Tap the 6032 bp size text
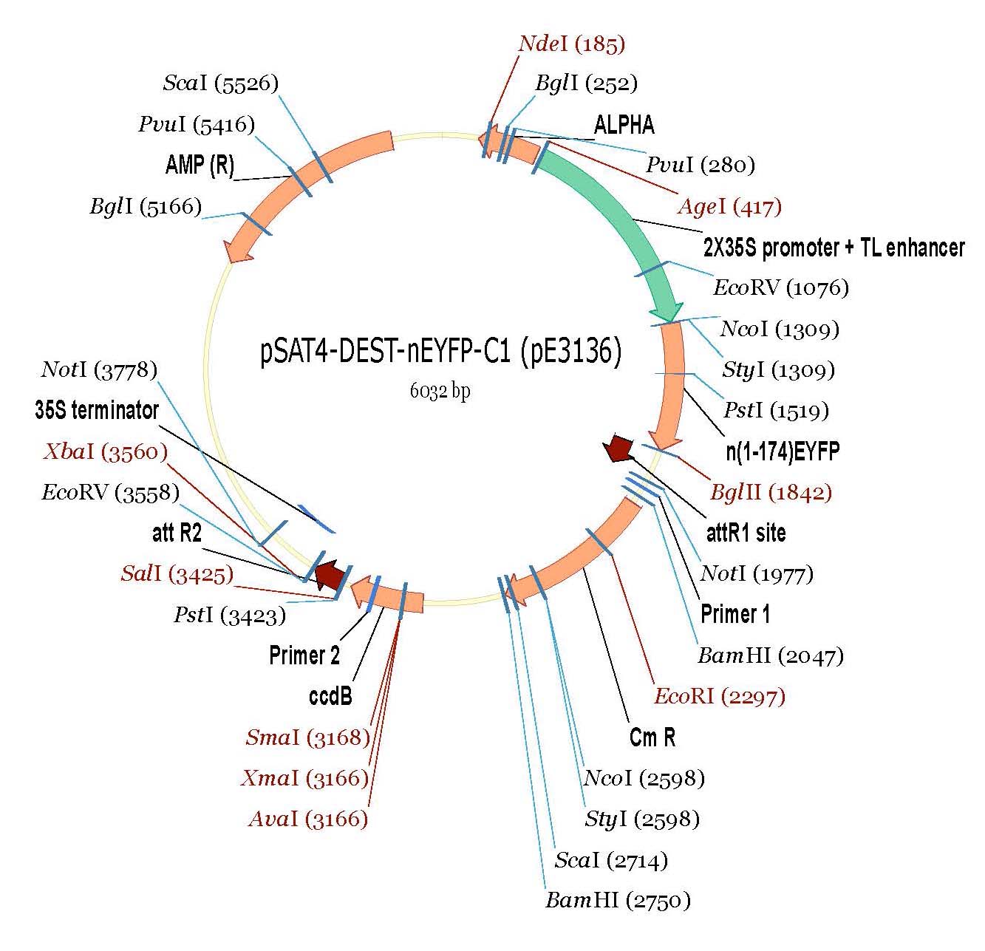point(440,392)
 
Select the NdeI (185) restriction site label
point(571,44)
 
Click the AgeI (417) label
point(729,207)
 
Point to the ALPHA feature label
point(624,125)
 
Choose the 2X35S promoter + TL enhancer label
point(834,248)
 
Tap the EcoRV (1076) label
point(780,287)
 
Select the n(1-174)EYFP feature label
point(783,451)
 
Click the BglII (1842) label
point(771,492)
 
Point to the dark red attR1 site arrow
point(618,448)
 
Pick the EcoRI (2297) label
point(719,696)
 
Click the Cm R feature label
point(652,737)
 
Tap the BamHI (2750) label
point(618,901)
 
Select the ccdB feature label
point(330,696)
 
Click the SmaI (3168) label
point(307,737)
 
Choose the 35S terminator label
point(97,411)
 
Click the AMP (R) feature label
point(200,166)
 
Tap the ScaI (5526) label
point(220,83)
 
